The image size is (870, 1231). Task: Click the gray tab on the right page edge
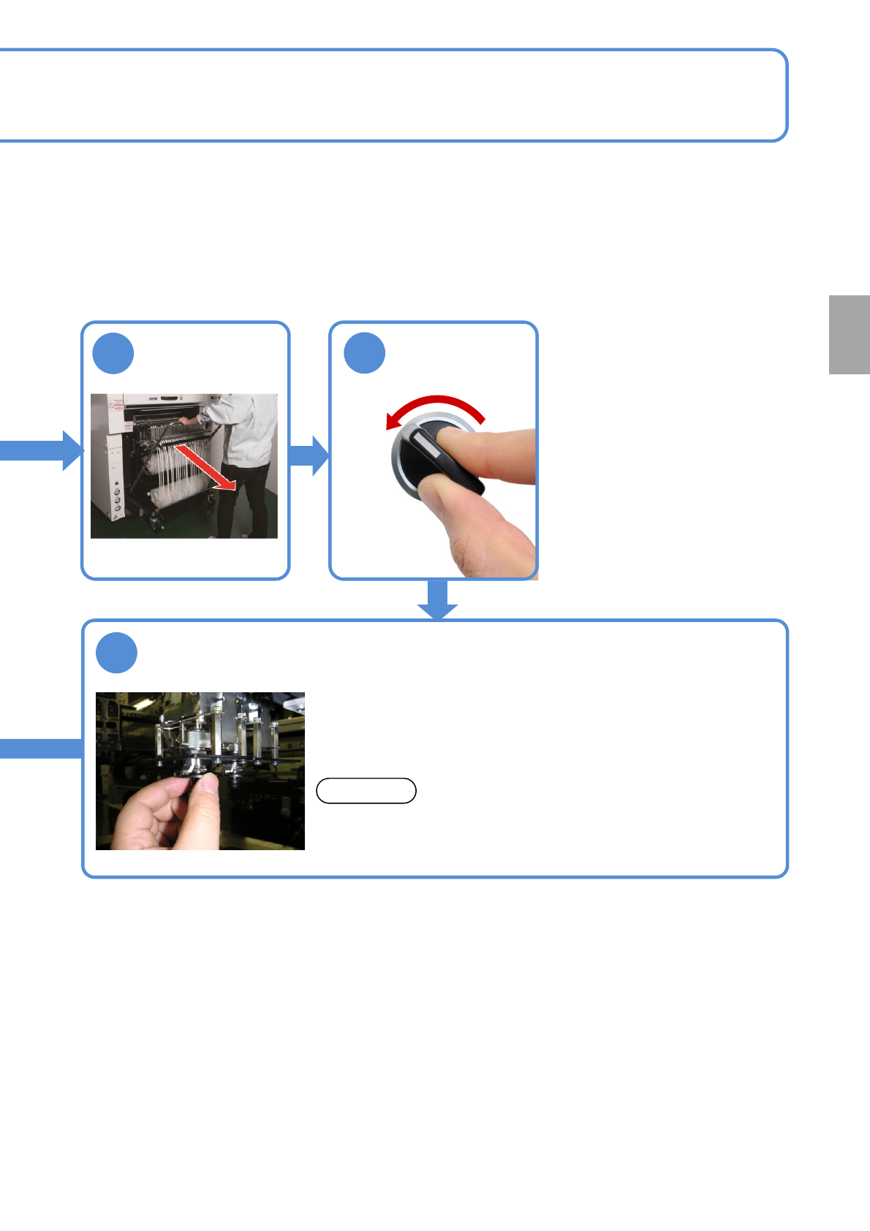tap(849, 335)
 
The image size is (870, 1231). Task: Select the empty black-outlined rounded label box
tap(366, 791)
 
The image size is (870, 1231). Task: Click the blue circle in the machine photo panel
tap(113, 354)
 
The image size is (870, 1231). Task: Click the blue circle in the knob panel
tap(364, 354)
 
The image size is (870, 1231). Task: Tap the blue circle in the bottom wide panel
tap(117, 653)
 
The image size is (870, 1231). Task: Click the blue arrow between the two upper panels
tap(310, 455)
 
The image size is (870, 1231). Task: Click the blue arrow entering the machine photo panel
tap(44, 450)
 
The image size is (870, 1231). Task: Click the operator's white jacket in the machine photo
tap(245, 431)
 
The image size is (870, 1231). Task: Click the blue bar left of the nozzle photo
tap(40, 749)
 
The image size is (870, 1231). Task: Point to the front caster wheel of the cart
tap(156, 522)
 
